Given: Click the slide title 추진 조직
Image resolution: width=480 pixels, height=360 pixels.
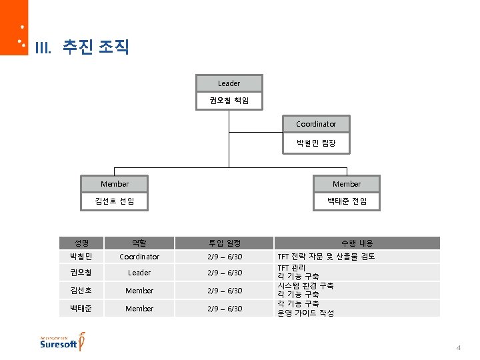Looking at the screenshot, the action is tap(95, 47).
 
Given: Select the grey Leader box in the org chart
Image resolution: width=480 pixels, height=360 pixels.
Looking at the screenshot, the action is tap(229, 83).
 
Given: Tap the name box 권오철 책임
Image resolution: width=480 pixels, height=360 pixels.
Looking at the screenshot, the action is tap(229, 101).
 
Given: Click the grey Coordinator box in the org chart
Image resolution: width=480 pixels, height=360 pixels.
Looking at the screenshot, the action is tap(316, 124).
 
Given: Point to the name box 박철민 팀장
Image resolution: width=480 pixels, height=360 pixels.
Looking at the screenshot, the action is tap(316, 142).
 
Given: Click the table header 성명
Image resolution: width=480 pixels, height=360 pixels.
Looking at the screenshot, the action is tap(82, 243).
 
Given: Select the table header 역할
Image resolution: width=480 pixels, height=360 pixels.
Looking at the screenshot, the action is tap(139, 243).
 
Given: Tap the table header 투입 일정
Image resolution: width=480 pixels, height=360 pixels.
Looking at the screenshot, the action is tap(225, 243).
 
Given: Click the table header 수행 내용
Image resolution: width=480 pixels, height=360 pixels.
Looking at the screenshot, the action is tap(357, 243).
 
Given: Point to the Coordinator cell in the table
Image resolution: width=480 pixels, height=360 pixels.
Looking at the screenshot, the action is tap(139, 257).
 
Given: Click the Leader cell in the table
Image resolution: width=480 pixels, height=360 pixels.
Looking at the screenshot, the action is tap(139, 273).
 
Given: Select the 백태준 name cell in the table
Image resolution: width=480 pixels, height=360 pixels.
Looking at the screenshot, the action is tap(82, 309).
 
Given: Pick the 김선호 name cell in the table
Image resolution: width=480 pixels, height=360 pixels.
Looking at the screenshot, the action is tap(82, 291).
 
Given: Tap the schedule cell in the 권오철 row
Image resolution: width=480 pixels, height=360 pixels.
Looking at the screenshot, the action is tap(225, 273).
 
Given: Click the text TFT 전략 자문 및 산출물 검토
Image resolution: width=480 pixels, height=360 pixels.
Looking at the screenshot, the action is tap(326, 257).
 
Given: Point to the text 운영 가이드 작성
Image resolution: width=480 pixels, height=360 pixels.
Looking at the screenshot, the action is tap(305, 313).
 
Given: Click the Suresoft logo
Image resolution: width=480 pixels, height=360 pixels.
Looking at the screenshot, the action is tap(61, 341).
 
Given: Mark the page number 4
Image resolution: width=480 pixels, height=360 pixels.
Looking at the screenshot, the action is tap(459, 348).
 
